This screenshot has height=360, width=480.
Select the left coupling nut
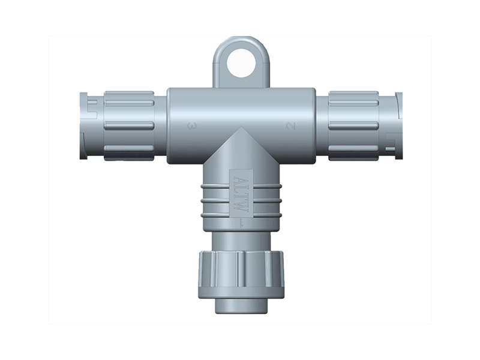coord(129,125)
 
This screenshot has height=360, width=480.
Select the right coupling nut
coord(353,125)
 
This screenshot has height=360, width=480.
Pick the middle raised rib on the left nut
coord(129,125)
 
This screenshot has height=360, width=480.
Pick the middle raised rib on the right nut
coord(353,125)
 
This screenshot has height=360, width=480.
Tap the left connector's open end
coord(84,125)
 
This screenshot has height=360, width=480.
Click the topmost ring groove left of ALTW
coord(213,188)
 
